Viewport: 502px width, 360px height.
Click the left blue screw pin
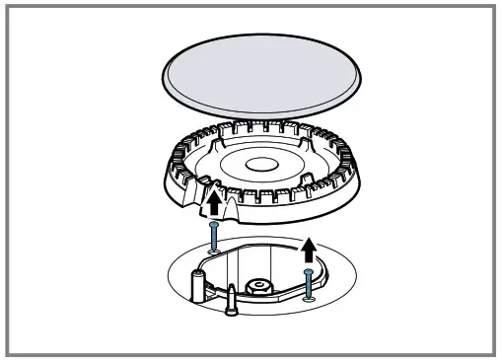(214, 238)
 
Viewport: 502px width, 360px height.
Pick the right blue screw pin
(310, 283)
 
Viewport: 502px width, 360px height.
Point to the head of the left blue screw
(214, 225)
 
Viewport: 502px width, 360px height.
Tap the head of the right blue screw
(310, 270)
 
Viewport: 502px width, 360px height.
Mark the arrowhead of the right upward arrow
(311, 241)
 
